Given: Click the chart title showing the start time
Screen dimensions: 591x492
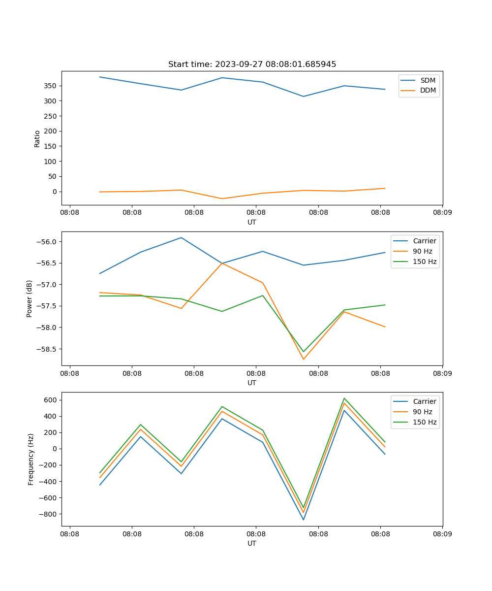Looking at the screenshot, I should click(x=252, y=65).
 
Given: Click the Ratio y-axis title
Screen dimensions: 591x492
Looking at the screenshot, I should click(x=37, y=138).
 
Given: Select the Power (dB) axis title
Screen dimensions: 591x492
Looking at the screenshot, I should click(x=30, y=298).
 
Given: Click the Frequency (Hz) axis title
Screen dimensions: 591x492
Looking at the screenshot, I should click(x=31, y=459).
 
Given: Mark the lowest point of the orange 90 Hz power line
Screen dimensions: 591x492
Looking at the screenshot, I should click(x=304, y=359).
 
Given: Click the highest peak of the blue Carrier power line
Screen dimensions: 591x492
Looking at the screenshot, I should click(x=181, y=237).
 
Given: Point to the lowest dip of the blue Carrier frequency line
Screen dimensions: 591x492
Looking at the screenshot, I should click(x=304, y=520).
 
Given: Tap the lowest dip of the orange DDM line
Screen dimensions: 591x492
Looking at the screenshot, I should click(x=222, y=198).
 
